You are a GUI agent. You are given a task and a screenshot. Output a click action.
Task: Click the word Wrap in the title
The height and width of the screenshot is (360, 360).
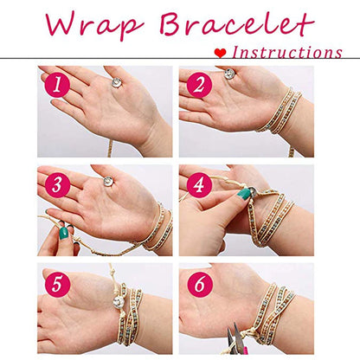coord(94,24)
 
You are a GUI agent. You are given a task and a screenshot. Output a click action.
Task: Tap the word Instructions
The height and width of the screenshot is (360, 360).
coord(287,53)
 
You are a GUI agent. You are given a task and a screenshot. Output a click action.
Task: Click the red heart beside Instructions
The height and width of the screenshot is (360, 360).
coord(220,53)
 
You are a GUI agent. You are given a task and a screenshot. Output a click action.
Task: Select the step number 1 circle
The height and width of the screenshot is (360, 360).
coord(57,85)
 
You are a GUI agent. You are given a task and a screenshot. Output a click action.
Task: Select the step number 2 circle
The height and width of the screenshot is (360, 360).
coord(199,85)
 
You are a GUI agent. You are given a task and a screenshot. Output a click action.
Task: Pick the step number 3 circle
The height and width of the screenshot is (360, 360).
coord(57,184)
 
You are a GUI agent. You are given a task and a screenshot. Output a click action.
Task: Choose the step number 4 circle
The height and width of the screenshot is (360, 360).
coord(199,184)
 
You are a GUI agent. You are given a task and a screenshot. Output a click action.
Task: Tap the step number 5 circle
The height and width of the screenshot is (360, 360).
coord(57,284)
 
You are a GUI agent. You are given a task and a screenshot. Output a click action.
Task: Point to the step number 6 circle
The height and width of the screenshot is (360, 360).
coord(199,284)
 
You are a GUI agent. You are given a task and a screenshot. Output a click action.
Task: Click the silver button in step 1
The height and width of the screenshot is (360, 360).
coord(117,82)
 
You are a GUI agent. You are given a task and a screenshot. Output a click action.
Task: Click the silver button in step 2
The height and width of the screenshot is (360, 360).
coord(229,74)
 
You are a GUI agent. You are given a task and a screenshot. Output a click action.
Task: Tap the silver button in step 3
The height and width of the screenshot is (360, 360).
coord(108,181)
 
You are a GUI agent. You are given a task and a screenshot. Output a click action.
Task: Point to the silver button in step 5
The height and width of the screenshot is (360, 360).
coord(119,302)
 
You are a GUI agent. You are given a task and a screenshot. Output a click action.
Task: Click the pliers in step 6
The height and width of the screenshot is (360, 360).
coord(235,339)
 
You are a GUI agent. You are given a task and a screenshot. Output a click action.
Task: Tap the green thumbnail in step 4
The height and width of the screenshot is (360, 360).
coord(243,193)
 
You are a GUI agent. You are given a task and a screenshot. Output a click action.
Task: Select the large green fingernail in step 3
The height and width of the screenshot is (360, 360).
coord(63,233)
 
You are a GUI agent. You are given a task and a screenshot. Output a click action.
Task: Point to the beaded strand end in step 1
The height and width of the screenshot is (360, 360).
coord(110,149)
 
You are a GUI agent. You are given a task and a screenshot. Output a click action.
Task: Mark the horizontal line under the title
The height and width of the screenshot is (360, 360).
coord(180,59)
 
